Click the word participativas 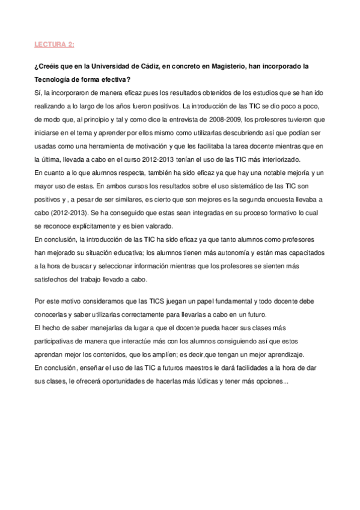(58, 340)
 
